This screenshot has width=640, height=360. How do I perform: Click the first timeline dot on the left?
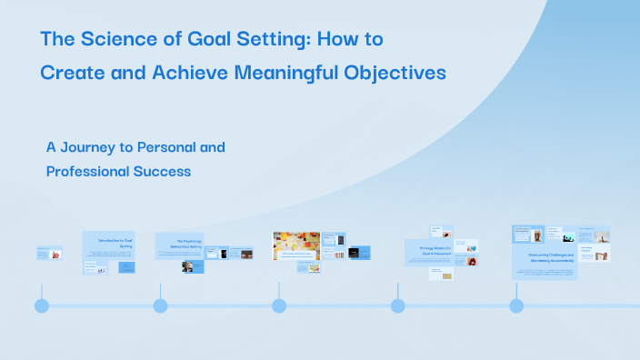(x=42, y=305)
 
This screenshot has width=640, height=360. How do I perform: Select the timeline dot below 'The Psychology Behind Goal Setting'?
(x=160, y=305)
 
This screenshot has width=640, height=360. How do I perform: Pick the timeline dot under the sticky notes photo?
(x=279, y=305)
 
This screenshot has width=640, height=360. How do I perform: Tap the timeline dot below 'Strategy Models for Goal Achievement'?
(x=397, y=305)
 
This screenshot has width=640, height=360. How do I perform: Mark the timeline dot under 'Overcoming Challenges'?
(x=516, y=305)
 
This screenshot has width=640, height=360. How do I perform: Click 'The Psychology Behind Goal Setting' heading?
(x=180, y=245)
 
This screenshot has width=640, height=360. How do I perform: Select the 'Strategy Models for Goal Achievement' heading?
(x=428, y=251)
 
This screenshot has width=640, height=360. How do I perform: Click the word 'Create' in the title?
(x=70, y=73)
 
